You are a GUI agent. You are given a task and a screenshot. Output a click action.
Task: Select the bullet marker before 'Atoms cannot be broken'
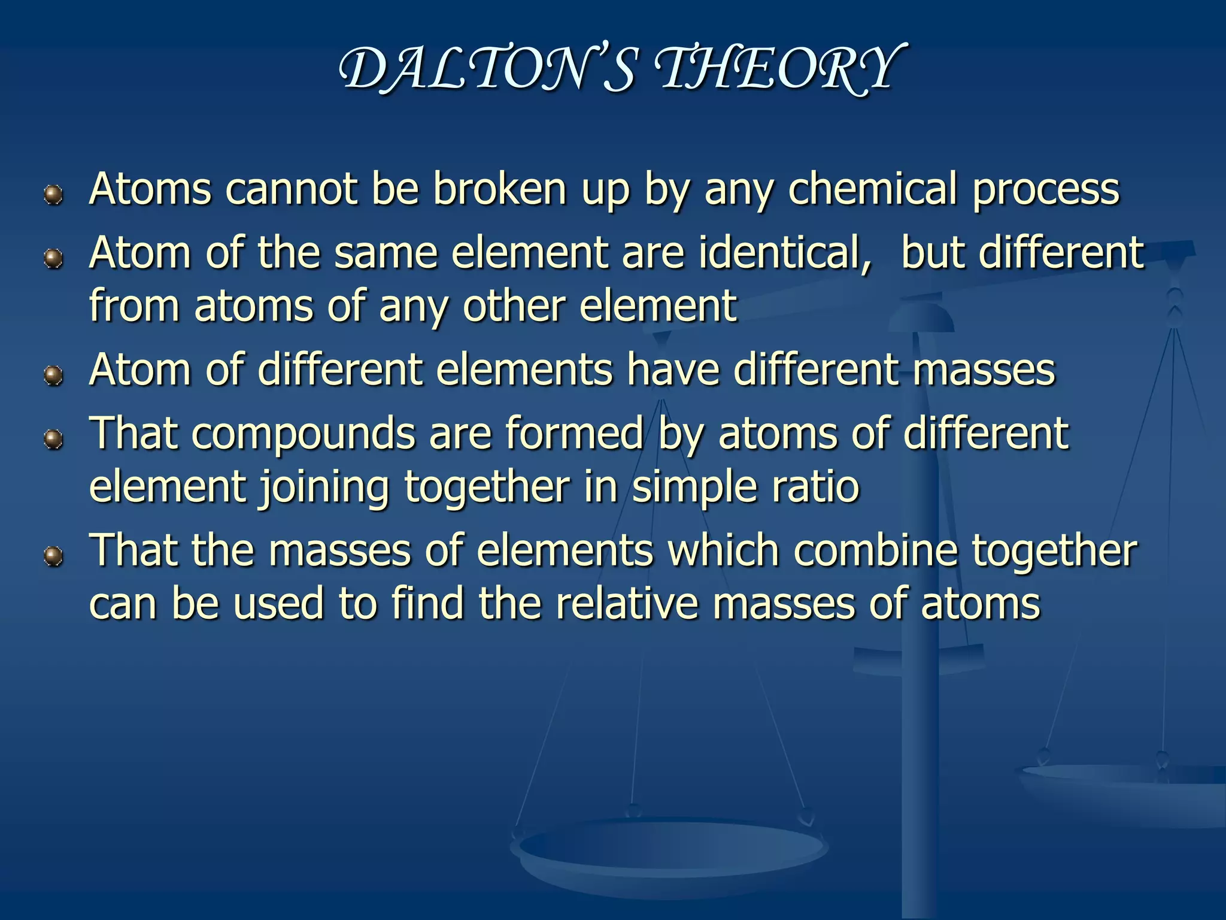coord(54,195)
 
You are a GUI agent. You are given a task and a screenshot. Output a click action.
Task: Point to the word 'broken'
coord(499,189)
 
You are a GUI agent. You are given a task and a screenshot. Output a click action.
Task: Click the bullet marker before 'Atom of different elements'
coord(54,376)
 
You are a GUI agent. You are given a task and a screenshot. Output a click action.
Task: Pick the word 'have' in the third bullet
coord(673,370)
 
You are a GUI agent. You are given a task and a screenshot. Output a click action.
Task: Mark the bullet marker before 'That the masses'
coord(54,557)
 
